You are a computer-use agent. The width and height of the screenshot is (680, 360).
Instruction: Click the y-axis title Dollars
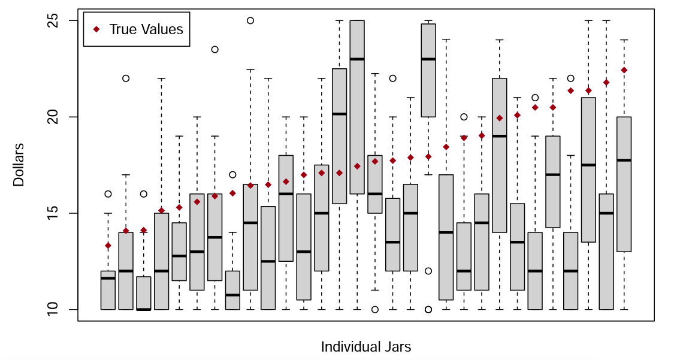(x=19, y=165)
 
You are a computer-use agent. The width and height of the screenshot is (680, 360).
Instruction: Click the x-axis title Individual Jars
(x=365, y=347)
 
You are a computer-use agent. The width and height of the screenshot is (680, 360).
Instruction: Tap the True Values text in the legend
(x=146, y=29)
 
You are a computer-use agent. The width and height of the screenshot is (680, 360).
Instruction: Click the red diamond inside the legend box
(x=96, y=29)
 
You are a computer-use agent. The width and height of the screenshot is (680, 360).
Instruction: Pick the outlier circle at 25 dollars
(x=250, y=20)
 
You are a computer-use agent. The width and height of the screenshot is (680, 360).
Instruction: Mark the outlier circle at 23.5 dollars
(x=214, y=49)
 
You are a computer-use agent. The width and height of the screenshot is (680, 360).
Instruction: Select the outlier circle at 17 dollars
(x=232, y=175)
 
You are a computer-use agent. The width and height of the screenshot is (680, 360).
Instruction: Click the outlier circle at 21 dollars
(x=535, y=98)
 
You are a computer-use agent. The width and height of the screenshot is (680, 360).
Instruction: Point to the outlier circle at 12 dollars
(x=428, y=271)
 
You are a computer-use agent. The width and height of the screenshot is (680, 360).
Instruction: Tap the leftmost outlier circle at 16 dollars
(x=108, y=194)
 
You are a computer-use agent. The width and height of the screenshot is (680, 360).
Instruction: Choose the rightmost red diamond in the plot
(x=624, y=70)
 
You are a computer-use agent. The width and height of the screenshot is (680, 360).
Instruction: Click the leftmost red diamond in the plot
(x=108, y=246)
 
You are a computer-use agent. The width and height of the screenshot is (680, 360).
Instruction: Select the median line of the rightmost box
(x=624, y=160)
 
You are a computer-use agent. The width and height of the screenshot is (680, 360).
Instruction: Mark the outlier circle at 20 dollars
(x=464, y=117)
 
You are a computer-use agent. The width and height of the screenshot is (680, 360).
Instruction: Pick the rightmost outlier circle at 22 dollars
(x=570, y=78)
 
